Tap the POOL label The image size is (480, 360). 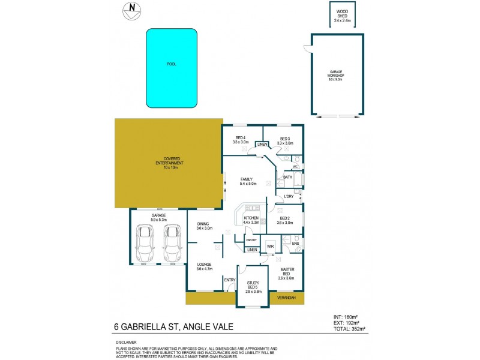(172, 64)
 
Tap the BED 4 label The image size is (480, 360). (241, 140)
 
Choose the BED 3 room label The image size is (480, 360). (286, 140)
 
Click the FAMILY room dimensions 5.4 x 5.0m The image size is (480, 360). (246, 184)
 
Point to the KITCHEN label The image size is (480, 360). (251, 217)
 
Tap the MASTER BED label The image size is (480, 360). (287, 272)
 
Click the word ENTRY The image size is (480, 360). (229, 280)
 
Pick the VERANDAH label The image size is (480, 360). (287, 298)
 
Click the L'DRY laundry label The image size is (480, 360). (289, 196)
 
